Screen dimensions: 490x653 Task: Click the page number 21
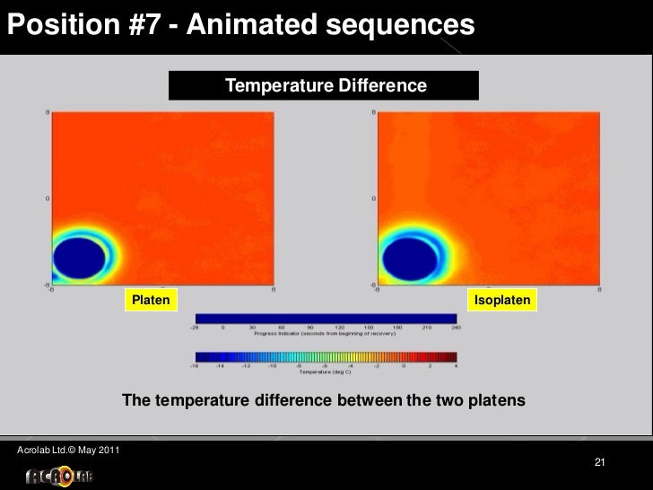click(x=600, y=462)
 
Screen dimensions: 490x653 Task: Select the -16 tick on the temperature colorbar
click(x=194, y=365)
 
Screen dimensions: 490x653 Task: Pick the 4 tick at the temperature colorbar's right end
click(x=456, y=365)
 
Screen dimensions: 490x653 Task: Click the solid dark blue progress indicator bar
click(x=325, y=318)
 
